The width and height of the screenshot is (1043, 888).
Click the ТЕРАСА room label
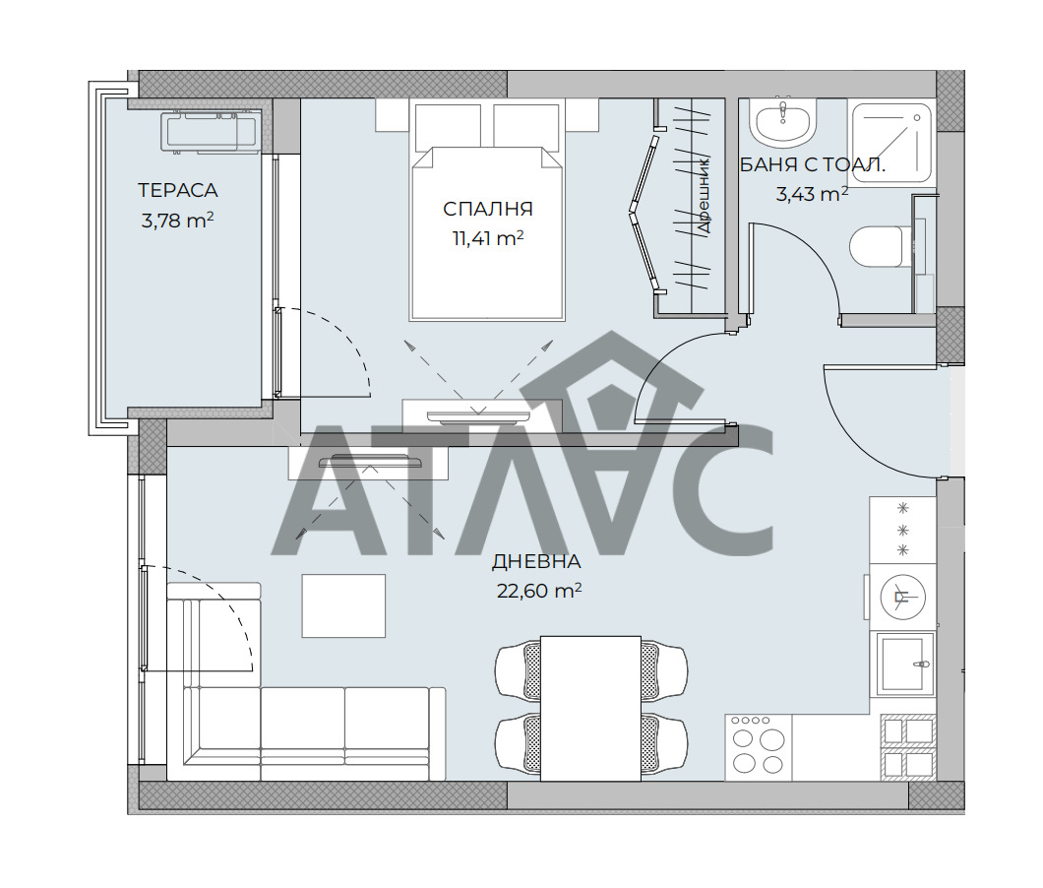177,190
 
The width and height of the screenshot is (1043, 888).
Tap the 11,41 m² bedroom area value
488,238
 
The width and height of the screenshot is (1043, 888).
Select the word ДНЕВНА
536,562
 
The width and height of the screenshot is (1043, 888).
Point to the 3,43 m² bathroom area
812,194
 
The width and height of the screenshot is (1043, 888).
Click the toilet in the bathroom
877,246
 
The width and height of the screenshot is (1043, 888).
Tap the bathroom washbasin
783,121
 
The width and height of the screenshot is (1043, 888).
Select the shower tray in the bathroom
891,142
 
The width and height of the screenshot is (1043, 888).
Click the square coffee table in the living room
344,605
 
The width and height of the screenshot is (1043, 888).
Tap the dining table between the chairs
590,708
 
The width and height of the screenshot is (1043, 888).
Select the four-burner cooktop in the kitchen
758,747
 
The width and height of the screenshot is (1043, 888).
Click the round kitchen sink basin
902,597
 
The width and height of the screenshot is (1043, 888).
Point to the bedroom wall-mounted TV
478,416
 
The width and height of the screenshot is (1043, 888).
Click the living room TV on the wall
371,461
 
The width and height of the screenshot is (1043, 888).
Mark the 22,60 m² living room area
539,591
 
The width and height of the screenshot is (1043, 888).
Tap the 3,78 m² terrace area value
177,221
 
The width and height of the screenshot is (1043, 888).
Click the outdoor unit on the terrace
200,132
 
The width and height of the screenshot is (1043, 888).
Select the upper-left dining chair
519,671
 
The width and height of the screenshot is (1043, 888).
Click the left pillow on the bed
449,126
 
